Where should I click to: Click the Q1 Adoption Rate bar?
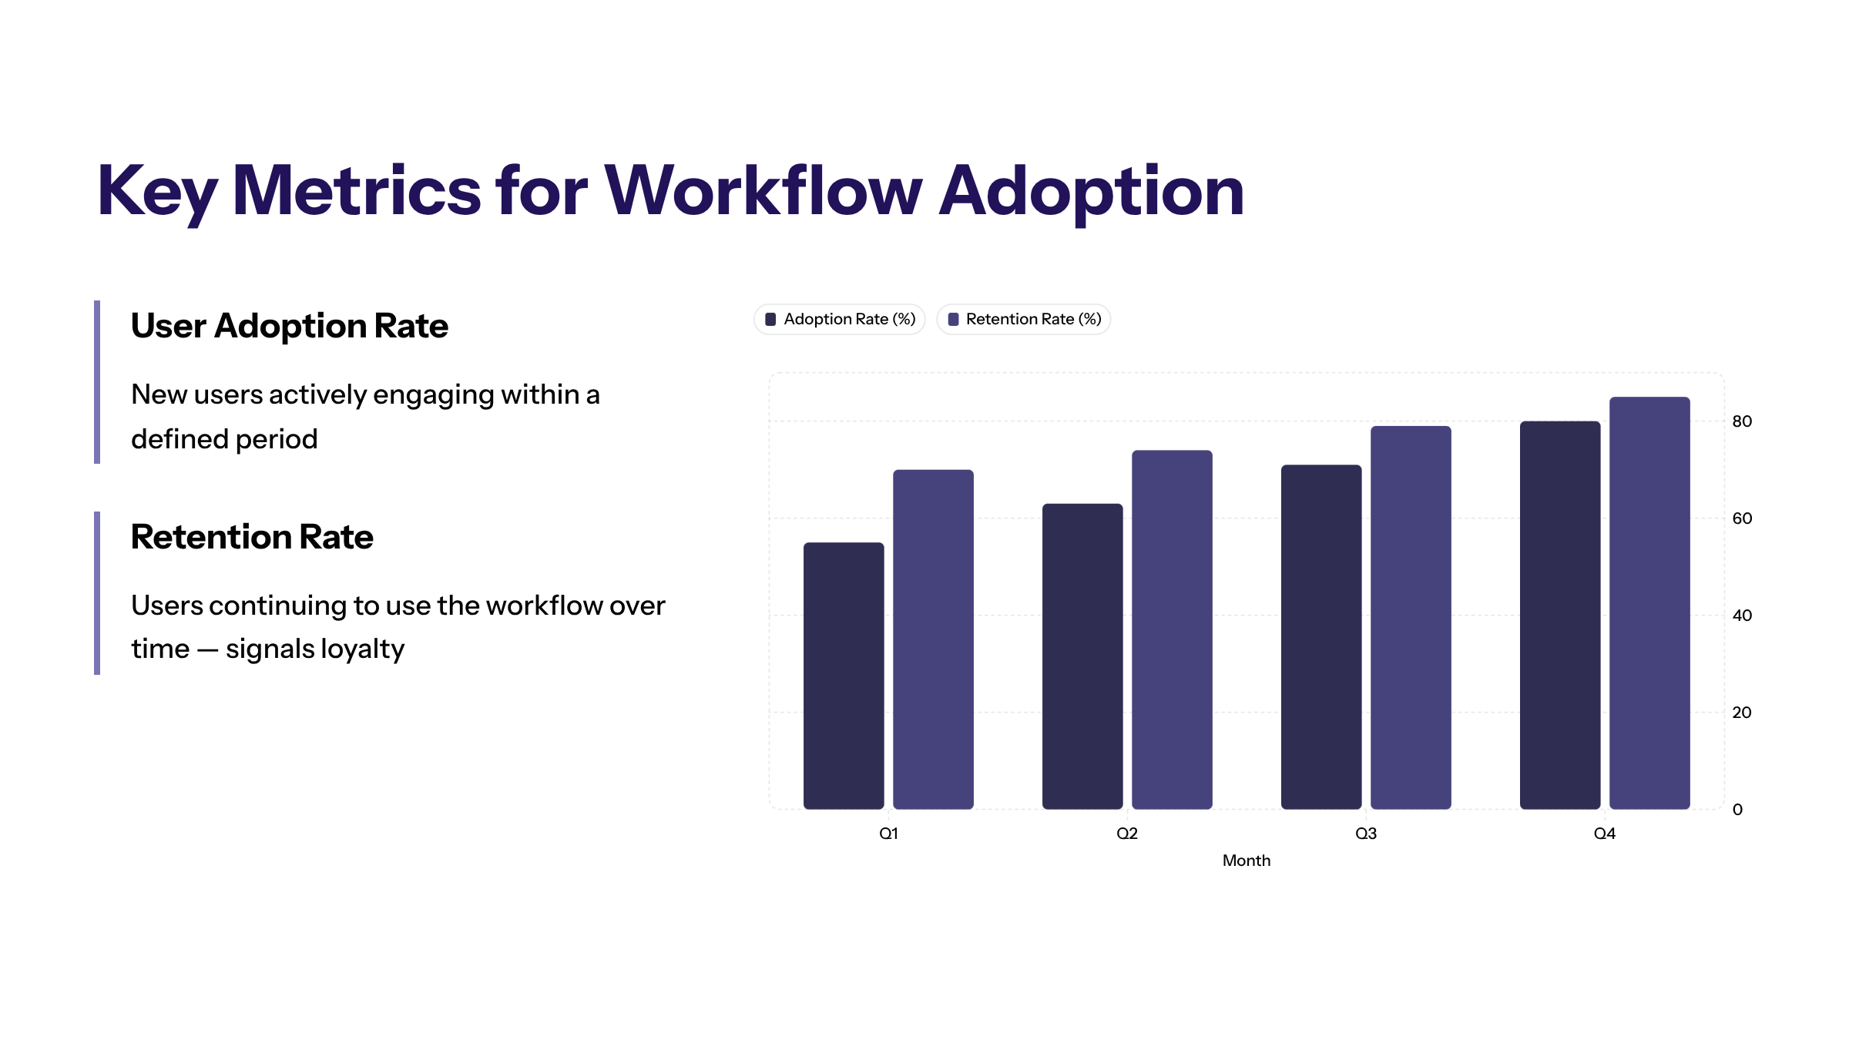[844, 676]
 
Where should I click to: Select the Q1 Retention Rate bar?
[933, 639]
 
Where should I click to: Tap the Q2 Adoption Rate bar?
[1082, 656]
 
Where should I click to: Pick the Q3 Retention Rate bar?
[1411, 617]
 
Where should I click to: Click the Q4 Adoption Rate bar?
[1560, 615]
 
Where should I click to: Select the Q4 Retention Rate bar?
[1649, 602]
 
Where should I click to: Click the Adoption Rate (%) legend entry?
[840, 319]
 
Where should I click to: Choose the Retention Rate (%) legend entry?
[1024, 319]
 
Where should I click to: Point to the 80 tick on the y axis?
[1742, 421]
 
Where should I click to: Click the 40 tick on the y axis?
[1742, 616]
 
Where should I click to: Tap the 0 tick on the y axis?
[1737, 810]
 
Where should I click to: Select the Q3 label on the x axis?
[1366, 834]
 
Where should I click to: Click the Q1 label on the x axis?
[888, 834]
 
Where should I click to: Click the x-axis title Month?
[1246, 861]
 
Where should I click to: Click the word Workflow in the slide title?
[763, 191]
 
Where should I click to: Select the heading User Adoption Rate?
[289, 326]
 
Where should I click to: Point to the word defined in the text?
[180, 439]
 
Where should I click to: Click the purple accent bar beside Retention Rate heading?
[97, 593]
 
